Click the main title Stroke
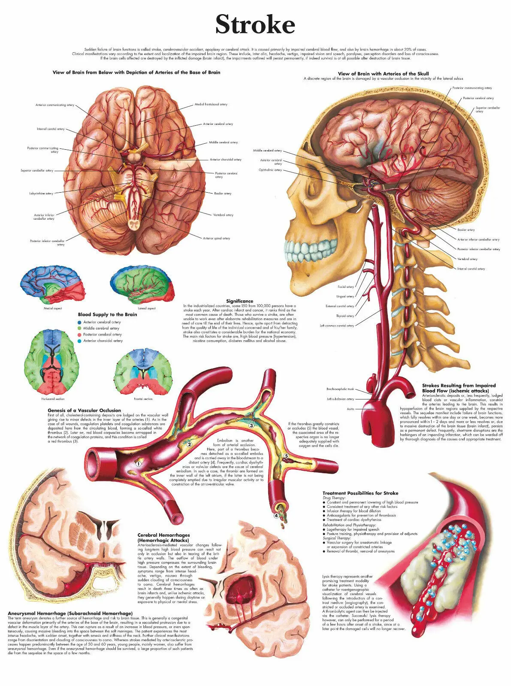(x=255, y=24)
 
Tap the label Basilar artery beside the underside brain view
(x=223, y=193)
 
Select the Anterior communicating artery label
(x=54, y=105)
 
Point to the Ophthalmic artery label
(x=270, y=170)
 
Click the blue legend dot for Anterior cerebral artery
(x=79, y=322)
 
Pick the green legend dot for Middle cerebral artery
(x=79, y=328)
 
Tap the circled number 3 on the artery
(x=251, y=426)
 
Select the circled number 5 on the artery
(x=286, y=456)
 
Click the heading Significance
(x=240, y=301)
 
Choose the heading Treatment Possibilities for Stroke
(x=360, y=493)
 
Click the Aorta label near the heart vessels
(x=350, y=409)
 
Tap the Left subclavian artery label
(x=341, y=399)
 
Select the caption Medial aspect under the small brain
(x=53, y=308)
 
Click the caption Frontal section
(x=143, y=399)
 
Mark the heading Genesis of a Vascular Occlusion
(x=84, y=411)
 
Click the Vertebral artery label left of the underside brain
(x=223, y=215)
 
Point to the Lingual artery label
(x=345, y=296)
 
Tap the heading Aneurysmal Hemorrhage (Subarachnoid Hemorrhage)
(x=70, y=613)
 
